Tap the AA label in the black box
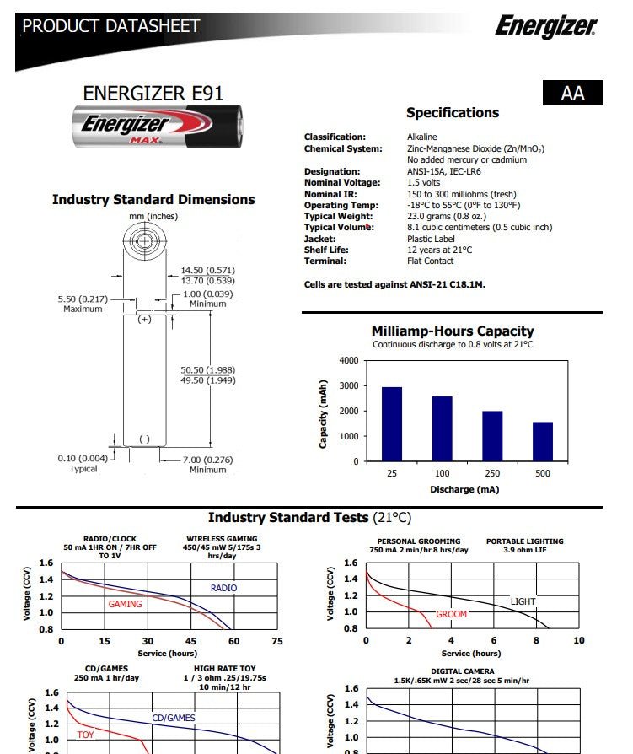[x=573, y=94]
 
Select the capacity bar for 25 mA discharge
[x=392, y=424]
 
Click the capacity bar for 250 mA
[x=492, y=436]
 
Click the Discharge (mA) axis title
[x=464, y=489]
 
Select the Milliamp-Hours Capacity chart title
[x=453, y=331]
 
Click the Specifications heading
[x=453, y=113]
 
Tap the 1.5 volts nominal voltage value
[x=423, y=182]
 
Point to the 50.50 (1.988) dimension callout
[x=207, y=370]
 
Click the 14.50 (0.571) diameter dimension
[x=207, y=270]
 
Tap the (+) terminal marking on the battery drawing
[x=144, y=320]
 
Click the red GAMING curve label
[x=125, y=604]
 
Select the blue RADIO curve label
[x=223, y=588]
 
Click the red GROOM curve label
[x=451, y=614]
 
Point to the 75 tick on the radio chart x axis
[x=277, y=641]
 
